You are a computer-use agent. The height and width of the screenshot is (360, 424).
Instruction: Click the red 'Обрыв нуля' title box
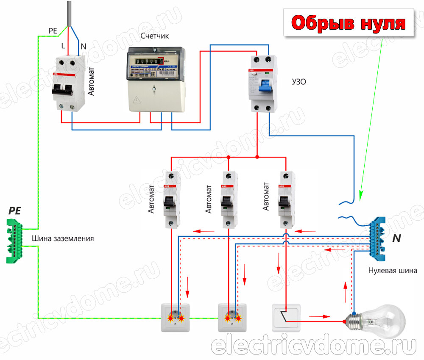349,24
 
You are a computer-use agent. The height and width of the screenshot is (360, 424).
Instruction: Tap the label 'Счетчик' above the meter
154,36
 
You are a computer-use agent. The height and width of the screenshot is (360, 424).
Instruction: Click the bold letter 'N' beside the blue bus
396,238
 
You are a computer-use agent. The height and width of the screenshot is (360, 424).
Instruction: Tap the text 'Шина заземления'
63,238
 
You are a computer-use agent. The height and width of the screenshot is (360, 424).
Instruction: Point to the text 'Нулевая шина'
392,270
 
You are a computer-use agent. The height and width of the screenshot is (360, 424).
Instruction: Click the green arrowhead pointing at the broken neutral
361,195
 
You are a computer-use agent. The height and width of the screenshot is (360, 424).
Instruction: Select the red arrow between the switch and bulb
318,316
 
